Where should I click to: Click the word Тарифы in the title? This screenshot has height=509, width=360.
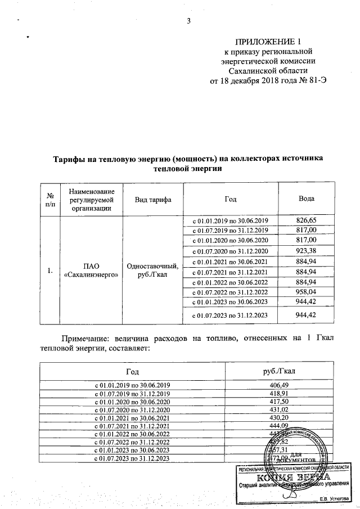[71, 159]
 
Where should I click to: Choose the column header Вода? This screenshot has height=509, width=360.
[306, 200]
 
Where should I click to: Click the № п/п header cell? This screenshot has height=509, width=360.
[49, 200]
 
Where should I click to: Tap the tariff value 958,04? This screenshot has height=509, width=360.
[306, 292]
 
